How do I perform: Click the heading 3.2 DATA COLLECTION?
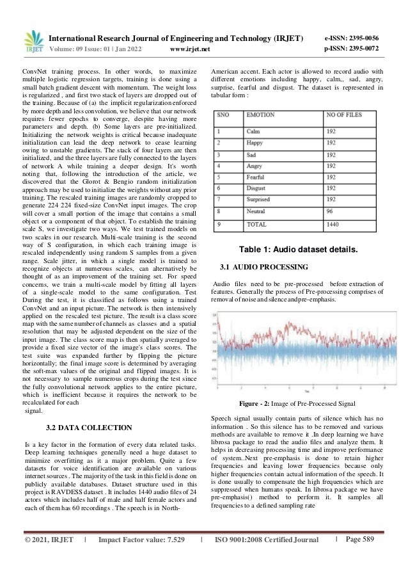90,428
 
